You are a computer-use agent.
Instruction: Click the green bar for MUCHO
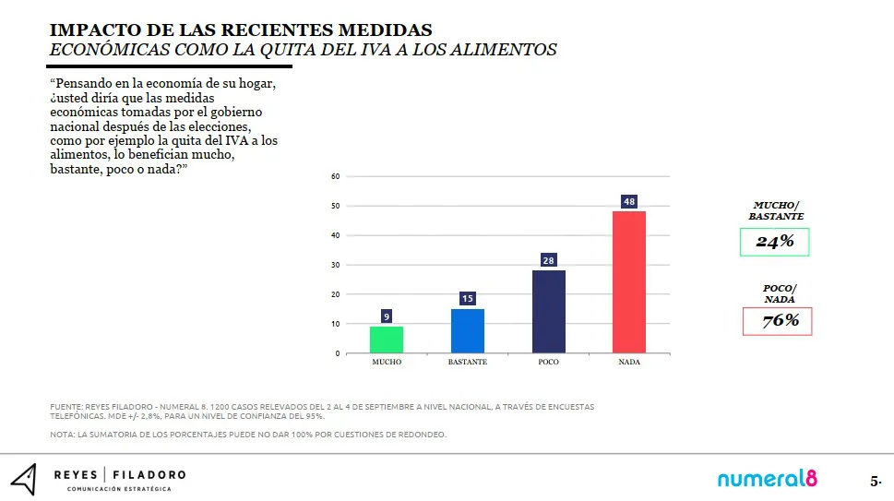pyautogui.click(x=387, y=340)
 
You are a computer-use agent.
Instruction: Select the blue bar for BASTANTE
pyautogui.click(x=467, y=330)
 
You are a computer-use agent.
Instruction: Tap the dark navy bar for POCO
pyautogui.click(x=548, y=312)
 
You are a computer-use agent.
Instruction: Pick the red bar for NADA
pyautogui.click(x=629, y=282)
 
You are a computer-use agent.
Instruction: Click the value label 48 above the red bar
pyautogui.click(x=629, y=202)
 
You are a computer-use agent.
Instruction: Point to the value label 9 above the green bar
pyautogui.click(x=387, y=316)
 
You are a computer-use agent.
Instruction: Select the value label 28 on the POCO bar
pyautogui.click(x=548, y=261)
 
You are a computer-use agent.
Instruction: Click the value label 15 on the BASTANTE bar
pyautogui.click(x=467, y=299)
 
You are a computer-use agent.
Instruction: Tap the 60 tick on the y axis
pyautogui.click(x=336, y=176)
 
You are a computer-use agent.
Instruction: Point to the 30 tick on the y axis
pyautogui.click(x=336, y=265)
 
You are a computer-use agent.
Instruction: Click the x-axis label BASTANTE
pyautogui.click(x=467, y=363)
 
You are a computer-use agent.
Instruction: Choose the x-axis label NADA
pyautogui.click(x=629, y=363)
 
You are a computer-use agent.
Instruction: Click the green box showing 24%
pyautogui.click(x=774, y=242)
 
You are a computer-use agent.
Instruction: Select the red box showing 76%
pyautogui.click(x=777, y=321)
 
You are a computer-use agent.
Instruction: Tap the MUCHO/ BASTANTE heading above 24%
pyautogui.click(x=776, y=210)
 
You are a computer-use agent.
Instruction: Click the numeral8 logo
pyautogui.click(x=768, y=479)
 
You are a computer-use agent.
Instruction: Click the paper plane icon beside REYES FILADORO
pyautogui.click(x=24, y=479)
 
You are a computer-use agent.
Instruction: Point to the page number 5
pyautogui.click(x=875, y=482)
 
